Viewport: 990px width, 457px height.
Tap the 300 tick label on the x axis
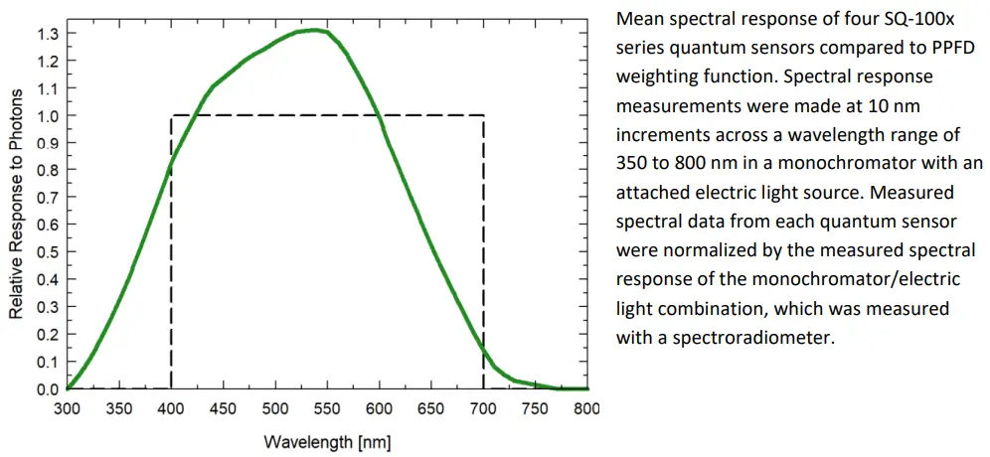pos(67,408)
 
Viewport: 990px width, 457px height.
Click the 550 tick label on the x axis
pos(327,408)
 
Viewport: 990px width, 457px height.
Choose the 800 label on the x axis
pos(587,408)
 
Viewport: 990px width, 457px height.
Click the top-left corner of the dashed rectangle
pos(171,116)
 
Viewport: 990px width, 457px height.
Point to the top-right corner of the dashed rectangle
pos(484,116)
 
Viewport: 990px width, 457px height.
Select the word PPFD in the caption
pos(953,48)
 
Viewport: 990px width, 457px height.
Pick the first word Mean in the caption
pos(639,19)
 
